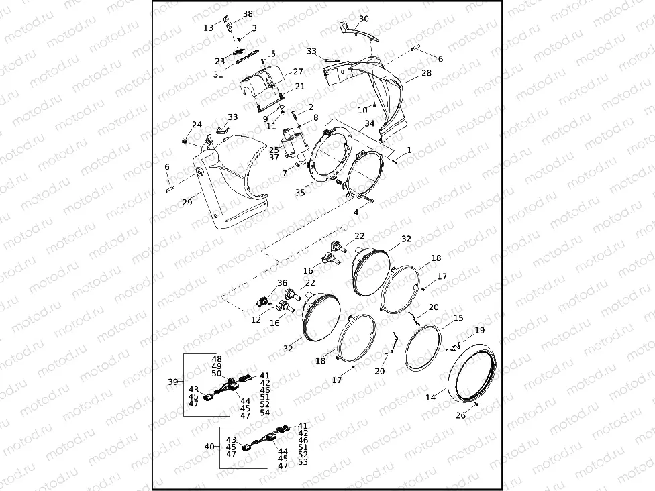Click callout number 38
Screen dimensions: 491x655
coord(248,14)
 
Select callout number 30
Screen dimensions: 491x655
coord(364,19)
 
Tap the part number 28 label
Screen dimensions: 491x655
coord(426,72)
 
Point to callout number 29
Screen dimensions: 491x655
coord(187,202)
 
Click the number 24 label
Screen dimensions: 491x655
coord(197,125)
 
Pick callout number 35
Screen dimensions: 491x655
coord(299,193)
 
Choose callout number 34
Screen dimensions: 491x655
coord(370,123)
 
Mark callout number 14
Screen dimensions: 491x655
coord(430,398)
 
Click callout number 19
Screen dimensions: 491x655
coord(479,331)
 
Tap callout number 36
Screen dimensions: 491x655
coord(282,283)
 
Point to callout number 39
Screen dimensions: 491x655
coord(172,382)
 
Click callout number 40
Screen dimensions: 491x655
coord(209,446)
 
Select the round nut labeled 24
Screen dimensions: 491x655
coord(184,142)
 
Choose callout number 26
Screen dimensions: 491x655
coord(460,415)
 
